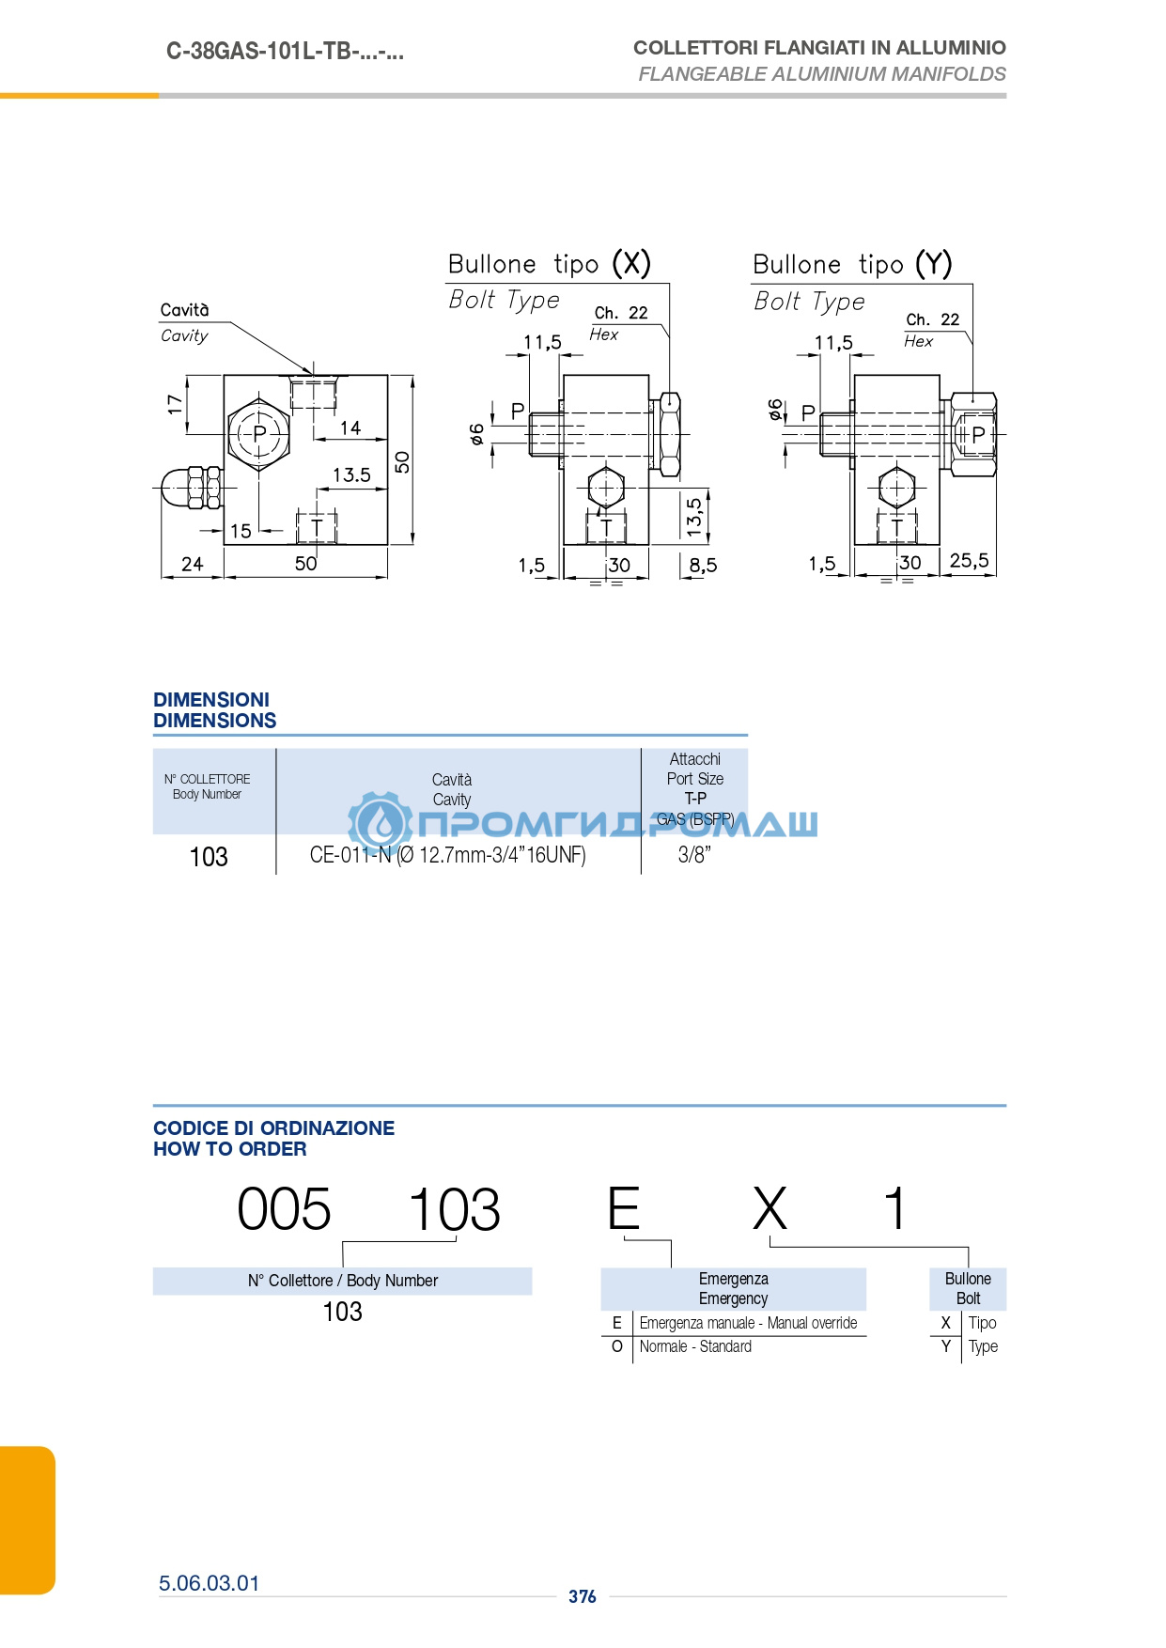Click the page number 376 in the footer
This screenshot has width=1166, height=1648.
tap(583, 1596)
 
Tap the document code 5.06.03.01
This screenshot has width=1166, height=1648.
tap(209, 1583)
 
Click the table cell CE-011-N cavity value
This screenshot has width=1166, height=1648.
tap(448, 855)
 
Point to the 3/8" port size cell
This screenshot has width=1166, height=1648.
tap(694, 855)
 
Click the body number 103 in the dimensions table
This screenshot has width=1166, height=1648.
tap(209, 857)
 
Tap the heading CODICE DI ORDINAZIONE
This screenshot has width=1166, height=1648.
tap(273, 1127)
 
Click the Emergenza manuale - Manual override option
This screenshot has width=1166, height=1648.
tap(748, 1323)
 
